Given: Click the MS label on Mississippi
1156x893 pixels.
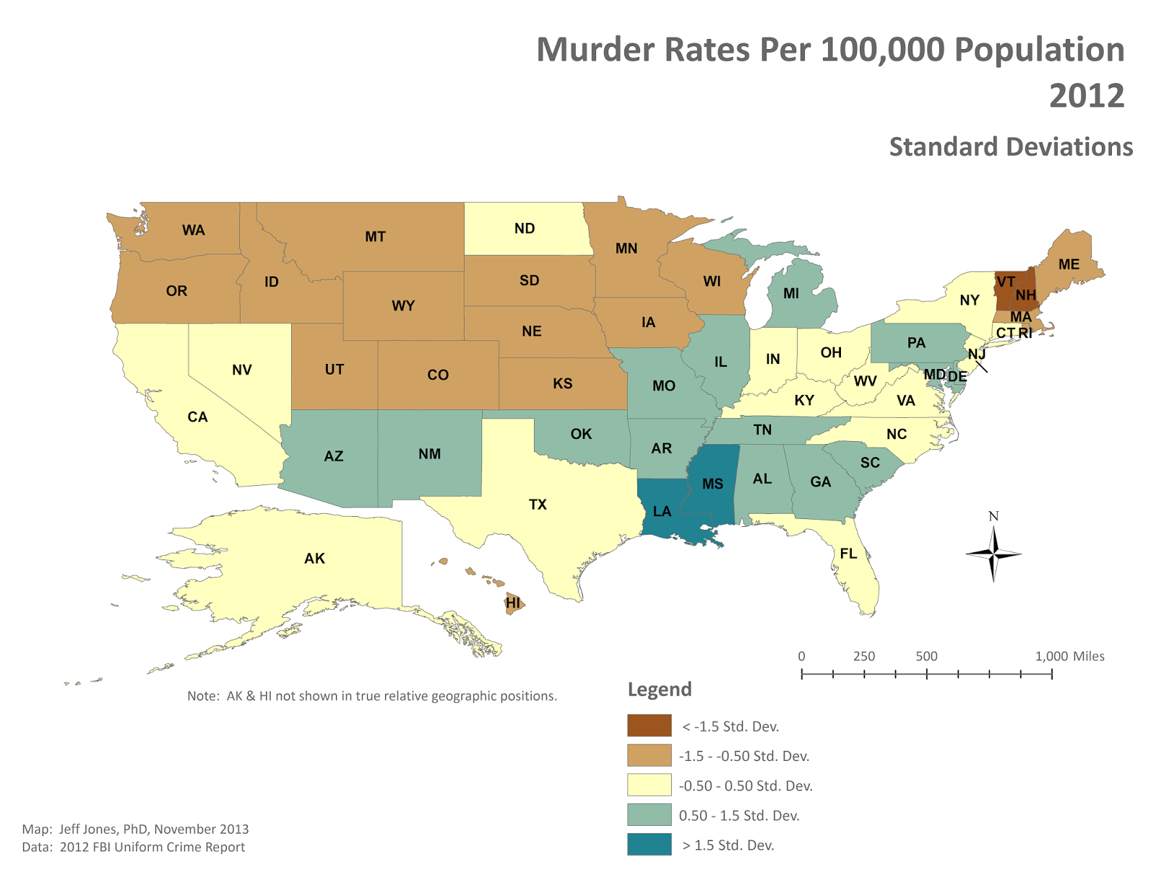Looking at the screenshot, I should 712,484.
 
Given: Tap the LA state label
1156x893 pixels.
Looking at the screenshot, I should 662,511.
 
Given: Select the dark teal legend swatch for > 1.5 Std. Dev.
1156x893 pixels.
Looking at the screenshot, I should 649,845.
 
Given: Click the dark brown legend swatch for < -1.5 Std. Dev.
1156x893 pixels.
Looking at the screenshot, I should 649,726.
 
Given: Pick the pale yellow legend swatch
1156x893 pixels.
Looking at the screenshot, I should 649,785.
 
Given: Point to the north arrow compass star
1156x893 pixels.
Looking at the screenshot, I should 993,554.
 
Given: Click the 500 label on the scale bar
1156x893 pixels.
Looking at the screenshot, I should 926,656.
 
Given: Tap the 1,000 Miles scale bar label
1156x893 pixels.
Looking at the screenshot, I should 1069,656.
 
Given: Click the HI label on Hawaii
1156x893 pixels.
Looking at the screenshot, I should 513,602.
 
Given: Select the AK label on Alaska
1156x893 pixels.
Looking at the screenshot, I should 314,558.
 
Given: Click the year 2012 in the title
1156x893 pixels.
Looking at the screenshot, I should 1086,96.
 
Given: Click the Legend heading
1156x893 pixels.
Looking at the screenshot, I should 659,689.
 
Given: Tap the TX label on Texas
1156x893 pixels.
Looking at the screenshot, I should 538,505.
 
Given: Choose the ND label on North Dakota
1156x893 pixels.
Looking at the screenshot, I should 525,228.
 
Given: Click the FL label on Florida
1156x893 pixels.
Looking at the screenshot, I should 848,554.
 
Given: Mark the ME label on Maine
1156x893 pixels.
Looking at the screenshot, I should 1069,264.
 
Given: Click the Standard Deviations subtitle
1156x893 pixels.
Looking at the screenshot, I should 1010,147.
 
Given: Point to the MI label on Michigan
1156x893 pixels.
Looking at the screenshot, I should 791,293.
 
